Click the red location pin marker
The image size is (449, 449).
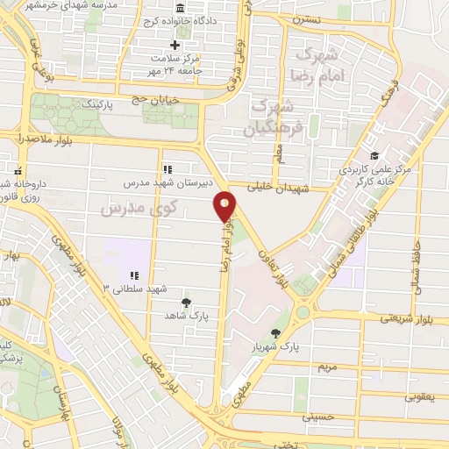click(225, 207)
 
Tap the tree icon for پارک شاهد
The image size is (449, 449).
click(184, 301)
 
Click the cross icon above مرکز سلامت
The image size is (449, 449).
click(175, 45)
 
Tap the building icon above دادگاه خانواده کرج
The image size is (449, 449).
click(156, 6)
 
